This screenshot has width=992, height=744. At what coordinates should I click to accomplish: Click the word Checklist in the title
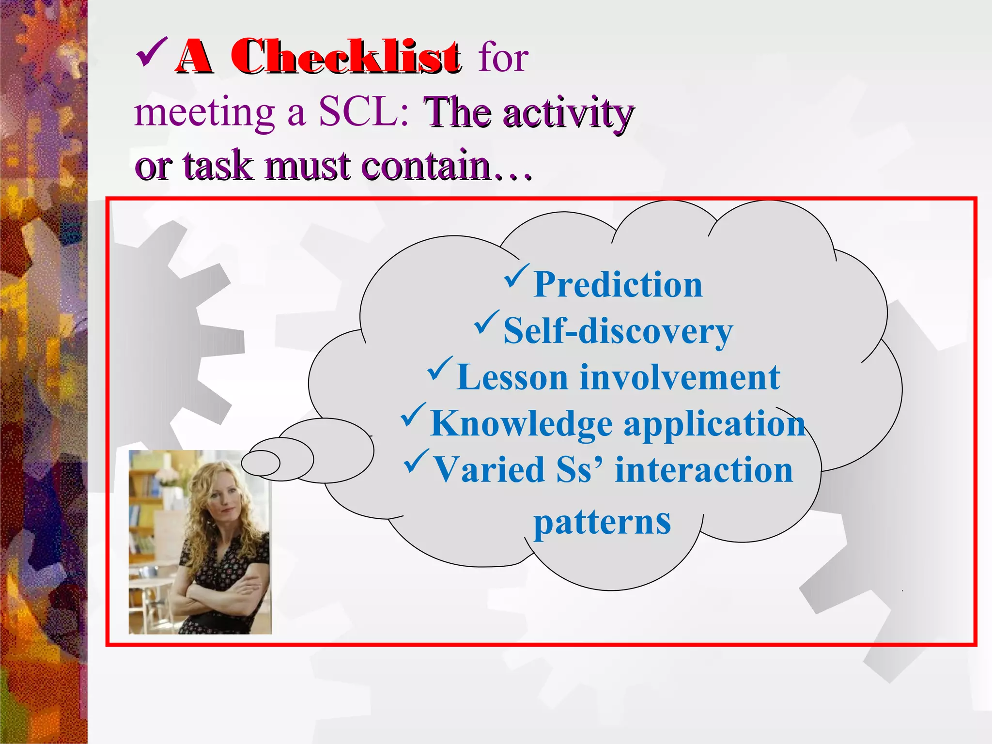(345, 57)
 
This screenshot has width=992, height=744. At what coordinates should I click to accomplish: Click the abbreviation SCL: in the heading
(363, 112)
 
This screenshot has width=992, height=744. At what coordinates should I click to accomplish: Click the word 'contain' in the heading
(426, 166)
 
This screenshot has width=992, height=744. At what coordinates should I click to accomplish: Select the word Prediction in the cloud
(618, 285)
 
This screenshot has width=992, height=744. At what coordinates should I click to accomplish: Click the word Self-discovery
(618, 331)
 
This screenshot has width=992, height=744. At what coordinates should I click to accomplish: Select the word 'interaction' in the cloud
(703, 470)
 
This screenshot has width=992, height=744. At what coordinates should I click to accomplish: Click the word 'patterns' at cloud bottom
(602, 522)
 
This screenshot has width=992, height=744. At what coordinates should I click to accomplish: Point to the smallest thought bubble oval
(261, 463)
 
